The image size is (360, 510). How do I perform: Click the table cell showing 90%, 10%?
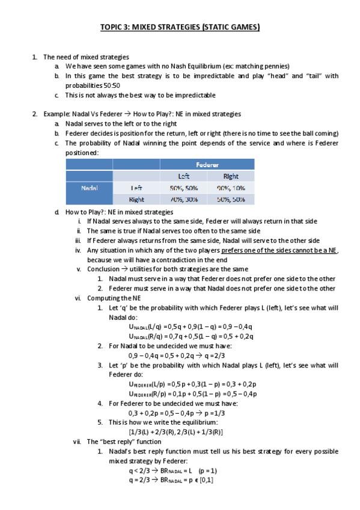click(x=230, y=188)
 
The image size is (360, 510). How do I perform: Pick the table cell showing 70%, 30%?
click(x=184, y=199)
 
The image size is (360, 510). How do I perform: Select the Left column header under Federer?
click(x=184, y=176)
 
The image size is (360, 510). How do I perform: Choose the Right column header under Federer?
click(x=230, y=176)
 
